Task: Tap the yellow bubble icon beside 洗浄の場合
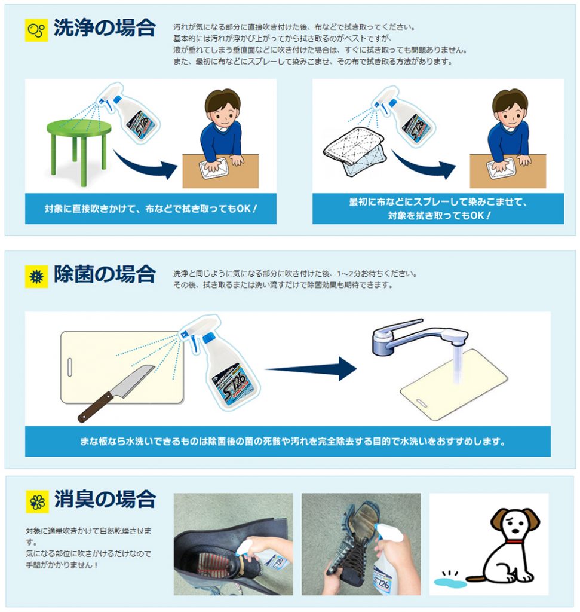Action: (x=36, y=30)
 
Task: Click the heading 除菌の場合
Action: (x=105, y=274)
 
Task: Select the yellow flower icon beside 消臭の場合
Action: (x=37, y=501)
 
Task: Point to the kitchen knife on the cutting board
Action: (x=116, y=393)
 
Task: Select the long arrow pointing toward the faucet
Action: (x=311, y=368)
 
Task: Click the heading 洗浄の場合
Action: (x=105, y=28)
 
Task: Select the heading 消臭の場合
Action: (x=105, y=500)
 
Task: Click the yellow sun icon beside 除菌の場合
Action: (x=36, y=277)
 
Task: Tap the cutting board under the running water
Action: (x=454, y=384)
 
